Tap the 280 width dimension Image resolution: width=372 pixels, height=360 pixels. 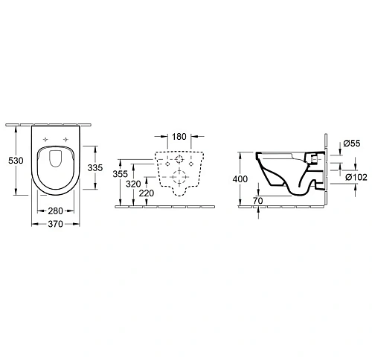[x=57, y=210]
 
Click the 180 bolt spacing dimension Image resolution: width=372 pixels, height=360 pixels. [x=179, y=137]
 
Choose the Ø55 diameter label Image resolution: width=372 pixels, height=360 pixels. [x=351, y=142]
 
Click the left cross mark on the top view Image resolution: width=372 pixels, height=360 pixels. [x=46, y=142]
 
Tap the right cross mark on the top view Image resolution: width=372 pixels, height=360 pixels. [x=67, y=142]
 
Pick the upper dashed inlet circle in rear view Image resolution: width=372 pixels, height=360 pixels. [x=179, y=161]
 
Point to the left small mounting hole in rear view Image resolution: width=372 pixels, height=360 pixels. [x=166, y=164]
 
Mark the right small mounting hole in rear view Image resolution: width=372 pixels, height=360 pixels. [x=192, y=164]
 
